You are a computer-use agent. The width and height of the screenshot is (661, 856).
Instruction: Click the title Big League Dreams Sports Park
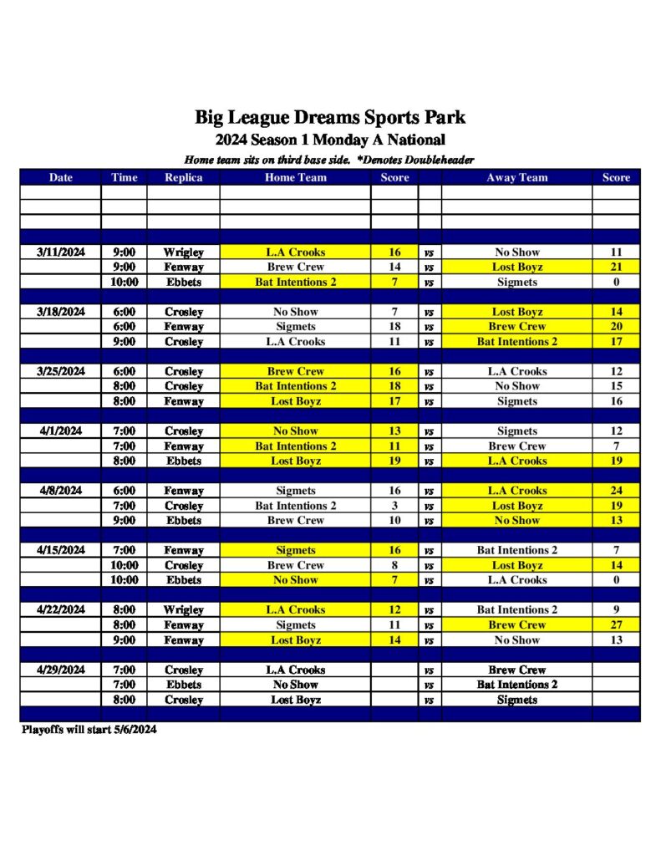330,117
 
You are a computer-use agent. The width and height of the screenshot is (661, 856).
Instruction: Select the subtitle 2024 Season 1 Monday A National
330,140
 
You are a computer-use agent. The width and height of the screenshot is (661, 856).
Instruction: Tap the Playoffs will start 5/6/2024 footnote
89,730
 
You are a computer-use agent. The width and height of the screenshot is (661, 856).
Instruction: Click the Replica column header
183,177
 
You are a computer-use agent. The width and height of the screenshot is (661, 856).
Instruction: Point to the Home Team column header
296,177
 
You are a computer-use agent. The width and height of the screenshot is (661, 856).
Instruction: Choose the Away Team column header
517,177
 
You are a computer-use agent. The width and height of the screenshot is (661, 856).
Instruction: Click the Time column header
124,177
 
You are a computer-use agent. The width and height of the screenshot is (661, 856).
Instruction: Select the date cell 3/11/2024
61,252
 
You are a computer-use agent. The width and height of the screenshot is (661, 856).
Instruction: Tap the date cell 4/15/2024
61,550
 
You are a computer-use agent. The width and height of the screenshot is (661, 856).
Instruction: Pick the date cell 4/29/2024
61,670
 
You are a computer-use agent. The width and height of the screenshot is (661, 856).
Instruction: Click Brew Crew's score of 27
616,624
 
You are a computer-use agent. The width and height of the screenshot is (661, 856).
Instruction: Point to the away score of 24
616,491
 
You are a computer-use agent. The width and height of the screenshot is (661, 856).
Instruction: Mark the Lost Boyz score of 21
616,267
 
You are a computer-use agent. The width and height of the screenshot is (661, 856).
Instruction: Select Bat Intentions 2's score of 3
394,506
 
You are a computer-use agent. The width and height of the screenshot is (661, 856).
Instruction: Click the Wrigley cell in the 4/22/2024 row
183,609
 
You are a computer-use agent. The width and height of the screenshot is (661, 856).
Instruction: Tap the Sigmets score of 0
616,282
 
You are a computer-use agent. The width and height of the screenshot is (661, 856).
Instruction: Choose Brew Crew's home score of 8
394,565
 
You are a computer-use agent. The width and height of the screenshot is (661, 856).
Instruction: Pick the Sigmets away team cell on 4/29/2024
517,700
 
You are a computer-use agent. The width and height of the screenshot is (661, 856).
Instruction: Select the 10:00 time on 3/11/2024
124,282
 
